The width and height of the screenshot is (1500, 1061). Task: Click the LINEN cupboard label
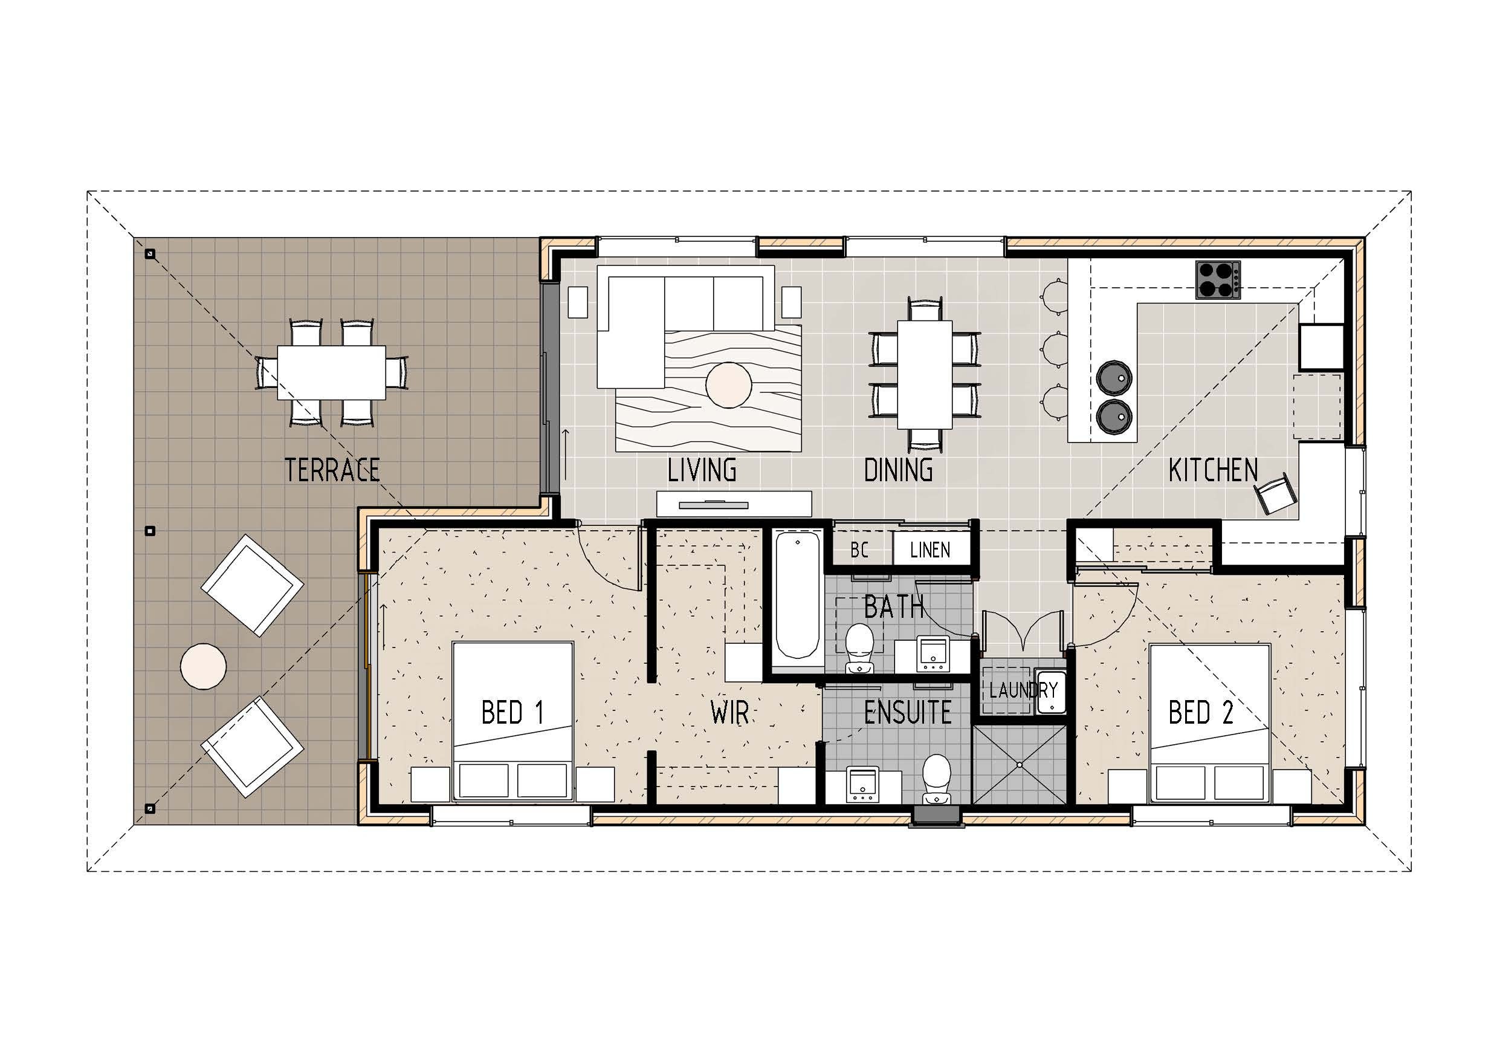(x=929, y=550)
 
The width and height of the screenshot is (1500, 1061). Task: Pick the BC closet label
(x=859, y=550)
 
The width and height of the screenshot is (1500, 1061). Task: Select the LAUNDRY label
(x=1023, y=690)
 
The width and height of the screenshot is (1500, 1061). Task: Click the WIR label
(x=729, y=713)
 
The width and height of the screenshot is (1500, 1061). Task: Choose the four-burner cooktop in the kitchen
(x=1218, y=280)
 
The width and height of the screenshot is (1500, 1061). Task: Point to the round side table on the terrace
(x=203, y=666)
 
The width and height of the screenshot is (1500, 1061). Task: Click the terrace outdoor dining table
(x=331, y=372)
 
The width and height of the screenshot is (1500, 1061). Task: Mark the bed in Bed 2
(x=1209, y=722)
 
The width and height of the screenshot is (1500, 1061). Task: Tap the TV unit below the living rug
(x=734, y=504)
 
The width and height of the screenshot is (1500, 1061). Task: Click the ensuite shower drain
(x=1018, y=764)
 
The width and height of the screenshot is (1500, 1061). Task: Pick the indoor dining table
(x=924, y=375)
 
